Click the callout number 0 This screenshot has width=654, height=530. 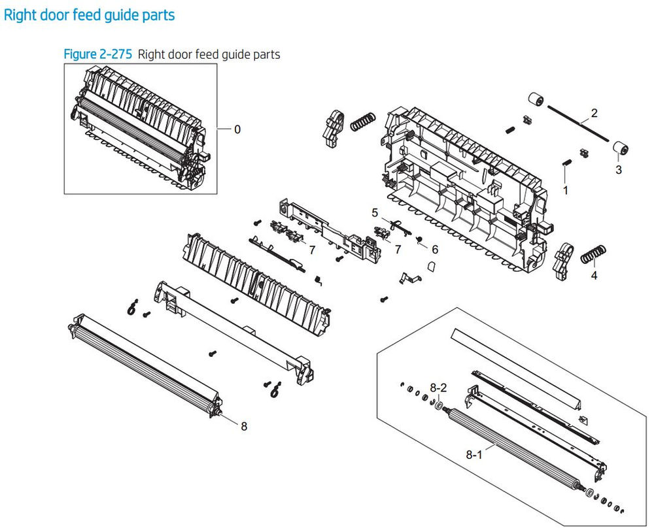pos(237,129)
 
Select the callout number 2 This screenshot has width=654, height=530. pos(594,113)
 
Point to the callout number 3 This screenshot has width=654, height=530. pos(619,170)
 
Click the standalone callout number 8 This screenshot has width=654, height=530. pos(244,426)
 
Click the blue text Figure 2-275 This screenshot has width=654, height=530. pos(98,54)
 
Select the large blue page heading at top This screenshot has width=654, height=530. pos(90,14)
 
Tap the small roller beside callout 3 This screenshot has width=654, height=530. pos(620,150)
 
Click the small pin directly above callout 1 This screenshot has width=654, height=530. pos(566,163)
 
